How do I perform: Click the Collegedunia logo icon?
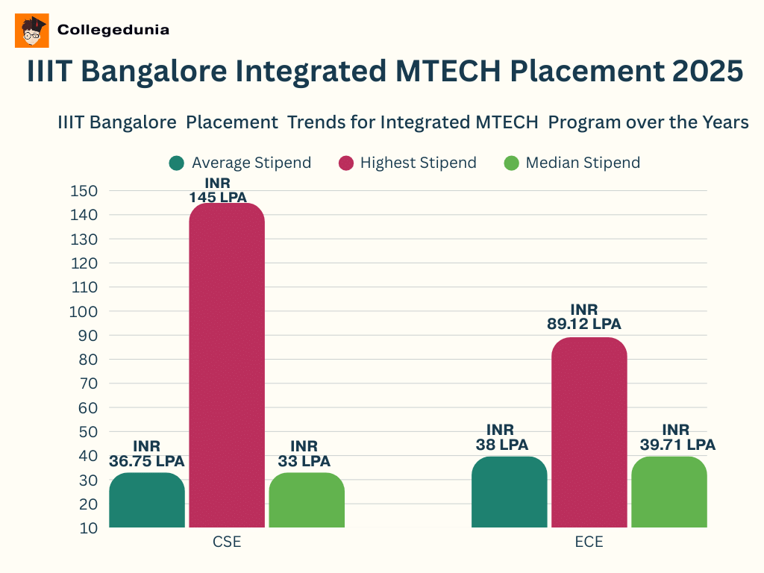[31, 31]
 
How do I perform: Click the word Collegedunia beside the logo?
[113, 30]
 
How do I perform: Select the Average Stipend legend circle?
[177, 163]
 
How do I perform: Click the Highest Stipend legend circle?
[346, 163]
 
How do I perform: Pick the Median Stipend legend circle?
[511, 163]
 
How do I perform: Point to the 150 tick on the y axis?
[84, 191]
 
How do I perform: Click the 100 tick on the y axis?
[84, 311]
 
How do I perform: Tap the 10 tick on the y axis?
[89, 527]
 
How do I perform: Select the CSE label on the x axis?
[227, 542]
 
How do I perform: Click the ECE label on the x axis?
[589, 542]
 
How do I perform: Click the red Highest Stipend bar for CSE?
[227, 366]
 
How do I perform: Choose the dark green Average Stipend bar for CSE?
[147, 501]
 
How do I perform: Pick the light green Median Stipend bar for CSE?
[307, 501]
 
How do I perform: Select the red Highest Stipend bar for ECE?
[589, 433]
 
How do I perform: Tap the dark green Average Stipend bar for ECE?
[510, 492]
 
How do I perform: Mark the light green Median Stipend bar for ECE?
[669, 492]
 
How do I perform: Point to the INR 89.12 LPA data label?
[585, 317]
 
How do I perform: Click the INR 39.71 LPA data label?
[677, 437]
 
